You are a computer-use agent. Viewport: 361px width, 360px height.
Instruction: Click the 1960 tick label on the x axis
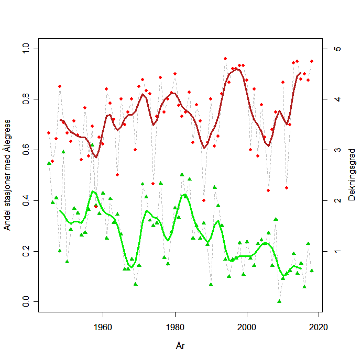tap(103, 328)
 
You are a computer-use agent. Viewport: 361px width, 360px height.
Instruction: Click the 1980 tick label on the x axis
tap(175, 328)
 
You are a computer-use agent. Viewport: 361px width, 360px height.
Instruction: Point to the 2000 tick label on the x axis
tap(247, 328)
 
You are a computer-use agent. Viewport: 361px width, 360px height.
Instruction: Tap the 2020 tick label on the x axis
tap(319, 328)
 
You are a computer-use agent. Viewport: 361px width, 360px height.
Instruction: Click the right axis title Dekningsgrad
tap(352, 175)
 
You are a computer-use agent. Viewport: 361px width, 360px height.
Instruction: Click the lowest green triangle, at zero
tap(279, 301)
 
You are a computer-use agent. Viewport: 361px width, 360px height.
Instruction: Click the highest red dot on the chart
tap(225, 59)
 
